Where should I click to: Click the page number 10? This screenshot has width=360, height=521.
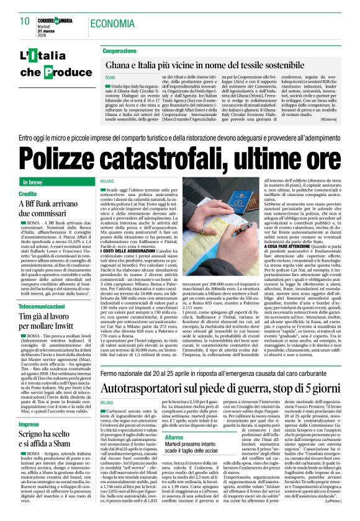(25, 21)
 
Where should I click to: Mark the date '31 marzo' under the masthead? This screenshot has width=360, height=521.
(48, 28)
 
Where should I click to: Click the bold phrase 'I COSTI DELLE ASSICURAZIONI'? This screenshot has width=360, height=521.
(127, 249)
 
